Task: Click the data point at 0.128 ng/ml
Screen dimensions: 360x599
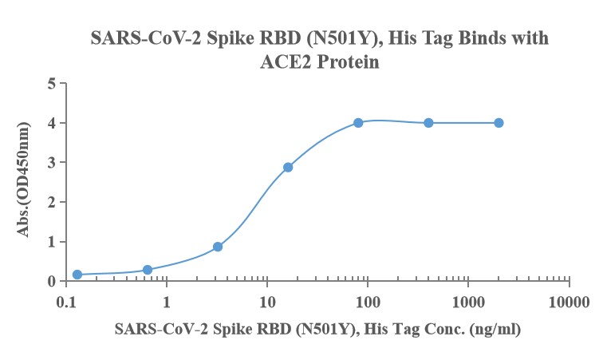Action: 77,275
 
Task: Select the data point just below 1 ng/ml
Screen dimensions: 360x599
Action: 148,270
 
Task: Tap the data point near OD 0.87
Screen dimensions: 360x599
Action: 218,247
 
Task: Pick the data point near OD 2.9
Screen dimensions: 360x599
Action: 288,168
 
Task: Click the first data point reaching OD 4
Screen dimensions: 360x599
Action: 358,123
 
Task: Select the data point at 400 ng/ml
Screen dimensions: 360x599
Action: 428,123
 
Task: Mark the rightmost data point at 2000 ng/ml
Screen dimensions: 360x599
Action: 499,123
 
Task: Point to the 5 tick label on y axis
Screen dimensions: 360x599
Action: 52,83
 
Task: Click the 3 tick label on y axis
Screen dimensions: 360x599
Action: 52,162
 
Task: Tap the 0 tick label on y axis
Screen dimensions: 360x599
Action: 52,281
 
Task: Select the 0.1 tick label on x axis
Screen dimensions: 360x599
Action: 66,303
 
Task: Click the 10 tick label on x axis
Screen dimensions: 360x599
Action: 267,303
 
